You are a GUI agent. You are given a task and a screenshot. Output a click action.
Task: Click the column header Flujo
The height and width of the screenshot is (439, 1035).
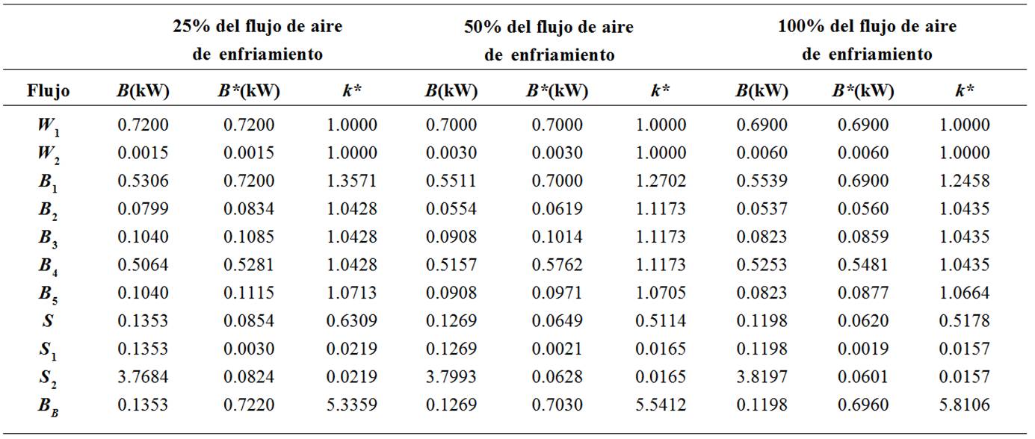tap(49, 92)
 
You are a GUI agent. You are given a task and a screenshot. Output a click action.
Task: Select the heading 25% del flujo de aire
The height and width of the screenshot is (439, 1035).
tap(258, 27)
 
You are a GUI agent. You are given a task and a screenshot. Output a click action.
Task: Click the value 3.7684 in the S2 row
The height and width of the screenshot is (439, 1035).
tap(143, 377)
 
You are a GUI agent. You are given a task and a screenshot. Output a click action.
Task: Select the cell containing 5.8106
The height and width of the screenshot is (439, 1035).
tap(965, 405)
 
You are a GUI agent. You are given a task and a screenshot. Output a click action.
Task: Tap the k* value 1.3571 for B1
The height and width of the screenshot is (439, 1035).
tap(352, 181)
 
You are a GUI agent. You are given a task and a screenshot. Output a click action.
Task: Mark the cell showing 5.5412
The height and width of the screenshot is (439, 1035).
tap(660, 405)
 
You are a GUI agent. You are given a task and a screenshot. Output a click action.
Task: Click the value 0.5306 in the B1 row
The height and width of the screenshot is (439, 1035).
tap(143, 181)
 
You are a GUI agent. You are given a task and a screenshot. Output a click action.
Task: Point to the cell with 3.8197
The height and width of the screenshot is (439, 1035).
tap(761, 377)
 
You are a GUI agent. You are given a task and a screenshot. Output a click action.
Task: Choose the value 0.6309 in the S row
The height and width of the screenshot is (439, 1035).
tap(352, 321)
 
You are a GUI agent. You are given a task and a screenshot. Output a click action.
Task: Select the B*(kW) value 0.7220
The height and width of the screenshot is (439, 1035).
tap(249, 405)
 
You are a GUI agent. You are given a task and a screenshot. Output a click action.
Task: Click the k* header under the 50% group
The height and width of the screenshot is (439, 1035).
tap(660, 91)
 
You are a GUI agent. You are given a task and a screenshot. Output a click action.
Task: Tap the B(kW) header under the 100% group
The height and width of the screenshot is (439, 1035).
tap(761, 91)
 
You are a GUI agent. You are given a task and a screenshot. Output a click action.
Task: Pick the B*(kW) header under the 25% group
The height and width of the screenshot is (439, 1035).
tap(249, 91)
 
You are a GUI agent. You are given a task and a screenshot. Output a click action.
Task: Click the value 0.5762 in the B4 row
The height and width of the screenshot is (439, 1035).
tap(557, 265)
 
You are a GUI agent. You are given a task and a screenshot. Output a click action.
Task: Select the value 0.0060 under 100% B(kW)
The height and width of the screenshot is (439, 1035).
tap(761, 153)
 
